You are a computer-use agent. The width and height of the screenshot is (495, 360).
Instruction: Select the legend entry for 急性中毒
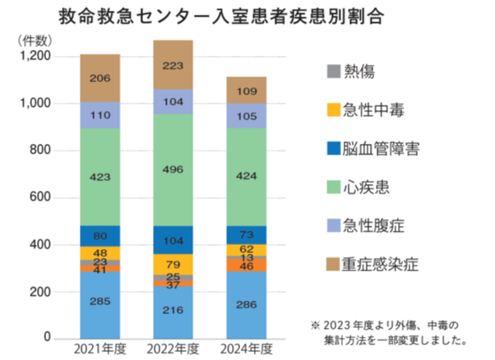pyautogui.click(x=371, y=110)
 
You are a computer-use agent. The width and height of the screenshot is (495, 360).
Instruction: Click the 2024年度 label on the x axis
pyautogui.click(x=247, y=348)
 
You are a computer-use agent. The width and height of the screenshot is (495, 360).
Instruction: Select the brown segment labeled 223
pyautogui.click(x=173, y=65)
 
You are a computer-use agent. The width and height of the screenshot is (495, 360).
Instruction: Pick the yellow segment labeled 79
pyautogui.click(x=173, y=264)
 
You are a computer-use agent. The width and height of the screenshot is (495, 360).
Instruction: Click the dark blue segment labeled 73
pyautogui.click(x=247, y=235)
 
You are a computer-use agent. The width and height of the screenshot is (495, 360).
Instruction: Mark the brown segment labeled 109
pyautogui.click(x=247, y=90)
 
